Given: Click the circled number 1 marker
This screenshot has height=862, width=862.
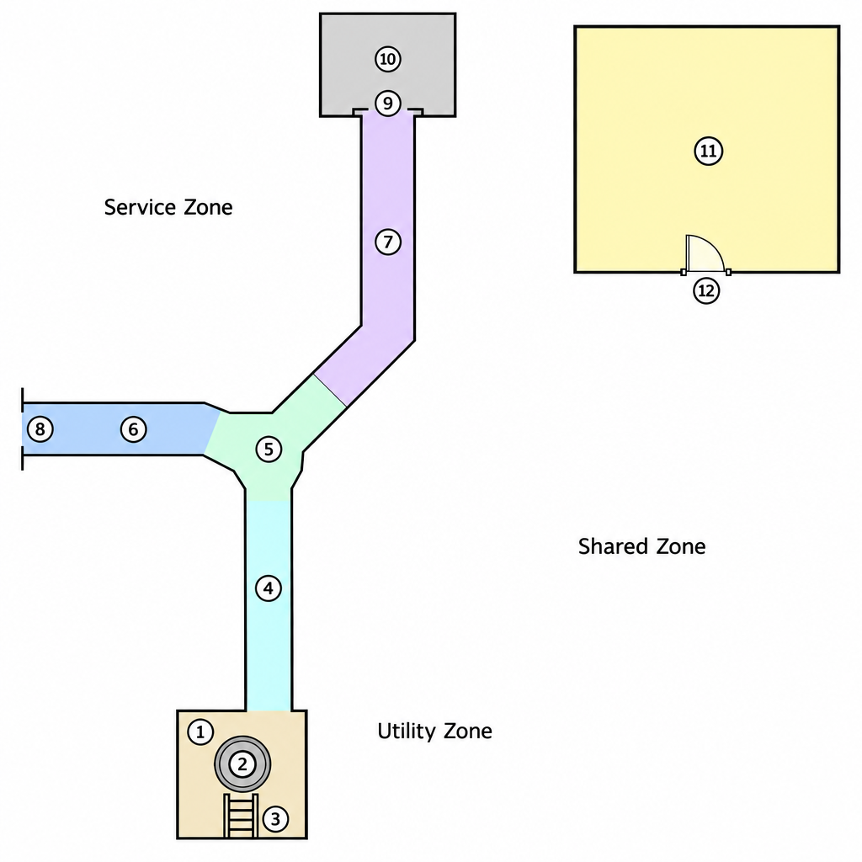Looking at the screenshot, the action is (x=200, y=732).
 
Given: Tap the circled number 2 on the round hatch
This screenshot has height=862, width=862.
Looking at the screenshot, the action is (x=242, y=764).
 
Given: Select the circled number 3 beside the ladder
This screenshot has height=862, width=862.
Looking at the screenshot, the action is (x=275, y=818).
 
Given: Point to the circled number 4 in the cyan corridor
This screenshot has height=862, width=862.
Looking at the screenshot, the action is (x=269, y=588).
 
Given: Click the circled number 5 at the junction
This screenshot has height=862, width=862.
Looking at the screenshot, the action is (x=269, y=450).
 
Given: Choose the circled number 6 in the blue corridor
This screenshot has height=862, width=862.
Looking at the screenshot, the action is (x=134, y=428).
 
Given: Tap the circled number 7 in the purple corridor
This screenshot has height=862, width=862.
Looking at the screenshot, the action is (x=388, y=242).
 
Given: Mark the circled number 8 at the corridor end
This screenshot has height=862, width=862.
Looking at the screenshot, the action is (x=40, y=428).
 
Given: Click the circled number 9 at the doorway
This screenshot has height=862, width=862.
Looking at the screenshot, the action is (x=388, y=103).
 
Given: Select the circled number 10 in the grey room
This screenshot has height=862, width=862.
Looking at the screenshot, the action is (x=388, y=59).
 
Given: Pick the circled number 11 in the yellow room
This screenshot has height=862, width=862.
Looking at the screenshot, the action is (x=709, y=151).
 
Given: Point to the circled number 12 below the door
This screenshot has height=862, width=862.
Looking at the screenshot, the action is (x=706, y=290).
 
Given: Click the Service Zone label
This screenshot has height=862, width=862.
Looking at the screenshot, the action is (x=168, y=207).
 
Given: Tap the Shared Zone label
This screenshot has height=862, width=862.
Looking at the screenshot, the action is (x=641, y=545).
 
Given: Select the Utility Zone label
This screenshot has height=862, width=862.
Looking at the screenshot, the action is (x=434, y=732).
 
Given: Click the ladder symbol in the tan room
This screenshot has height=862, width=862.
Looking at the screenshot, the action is (x=241, y=816).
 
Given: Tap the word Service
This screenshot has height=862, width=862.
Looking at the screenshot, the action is (x=141, y=207).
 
